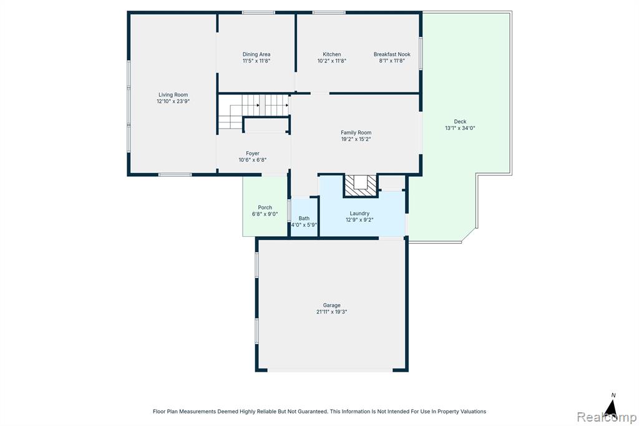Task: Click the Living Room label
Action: (173, 95)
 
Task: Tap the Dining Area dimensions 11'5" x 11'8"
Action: (256, 61)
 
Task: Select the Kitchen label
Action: (332, 54)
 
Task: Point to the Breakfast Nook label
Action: (392, 54)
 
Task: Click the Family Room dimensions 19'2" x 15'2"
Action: (356, 139)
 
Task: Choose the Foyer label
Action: (253, 154)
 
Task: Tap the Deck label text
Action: (460, 121)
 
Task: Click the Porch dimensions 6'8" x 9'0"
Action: (265, 214)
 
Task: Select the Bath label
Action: (304, 218)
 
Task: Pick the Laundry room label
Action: (359, 214)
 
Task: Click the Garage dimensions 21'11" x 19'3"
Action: (332, 312)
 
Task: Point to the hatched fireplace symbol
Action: (360, 186)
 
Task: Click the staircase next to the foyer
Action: (253, 111)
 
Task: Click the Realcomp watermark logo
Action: (607, 417)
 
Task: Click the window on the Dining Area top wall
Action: (258, 12)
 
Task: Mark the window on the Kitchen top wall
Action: (329, 12)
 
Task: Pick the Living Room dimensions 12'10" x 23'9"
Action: (173, 101)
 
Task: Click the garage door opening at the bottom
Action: (330, 370)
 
